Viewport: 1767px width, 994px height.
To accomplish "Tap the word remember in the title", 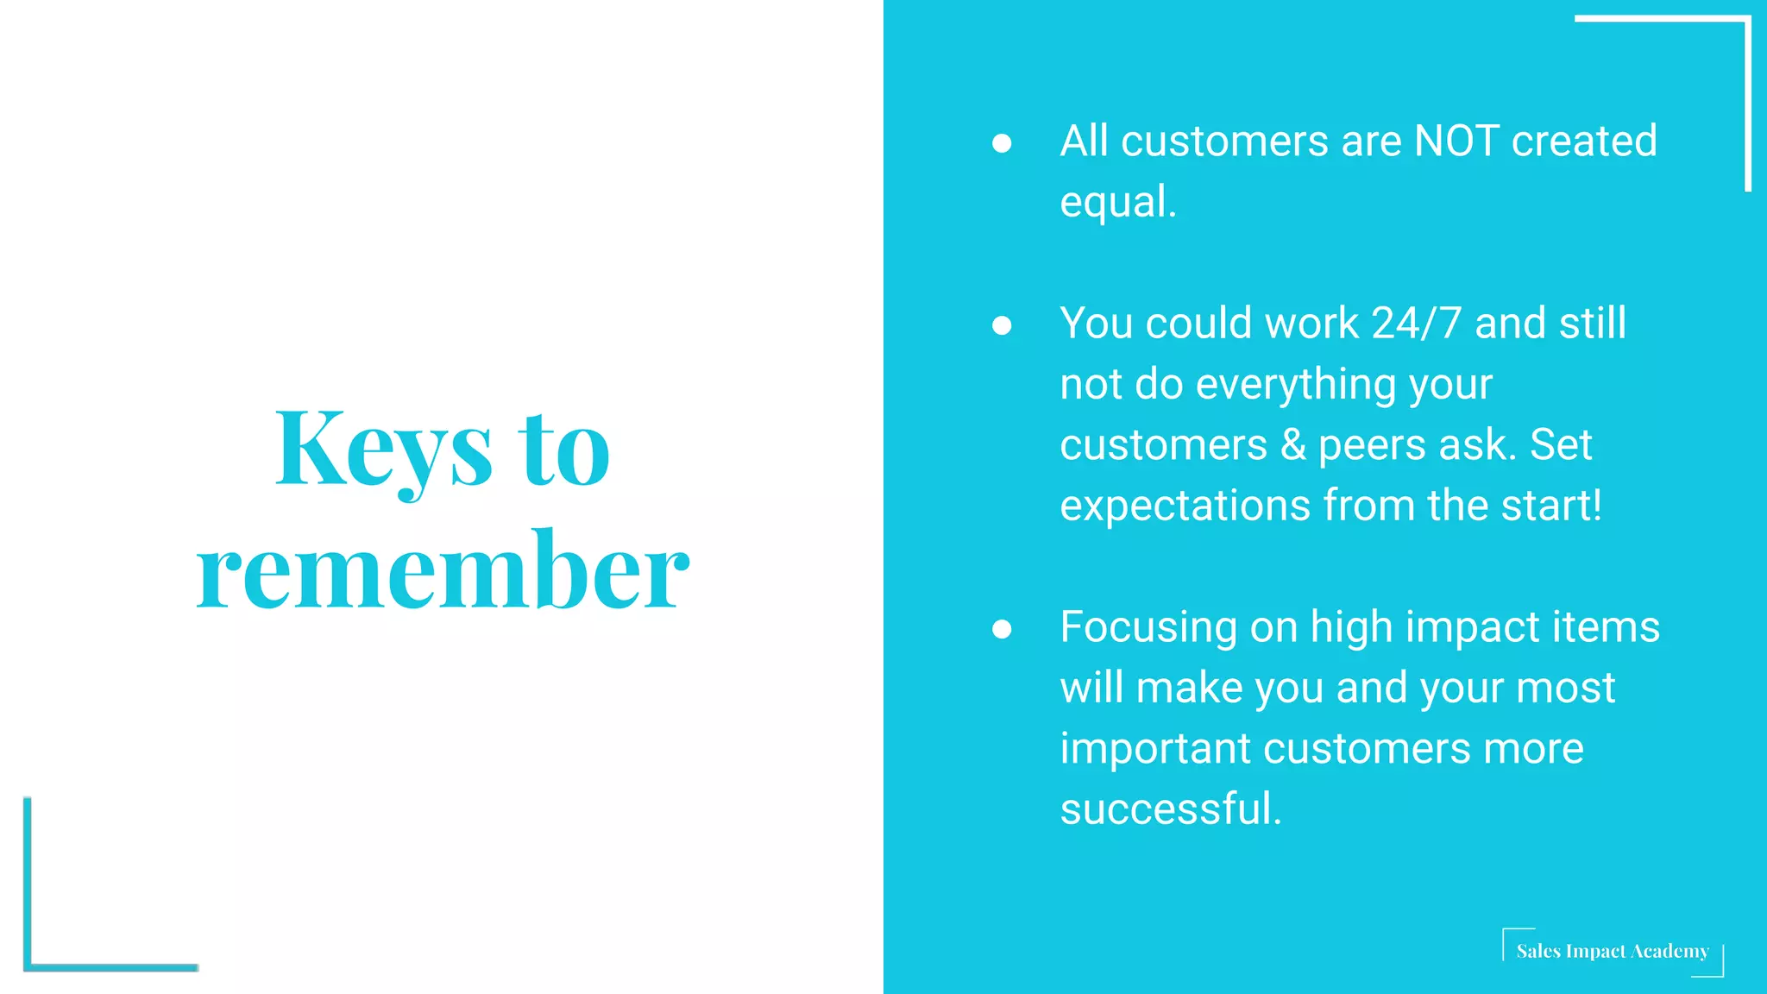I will coord(443,571).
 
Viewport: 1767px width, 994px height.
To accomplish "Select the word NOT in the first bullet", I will coord(1456,141).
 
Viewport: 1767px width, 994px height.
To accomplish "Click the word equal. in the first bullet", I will coord(1117,202).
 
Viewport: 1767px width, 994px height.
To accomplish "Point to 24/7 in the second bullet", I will coord(1416,324).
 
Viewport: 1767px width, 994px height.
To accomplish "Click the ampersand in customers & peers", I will coord(1292,445).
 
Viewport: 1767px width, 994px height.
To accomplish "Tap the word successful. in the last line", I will coord(1170,809).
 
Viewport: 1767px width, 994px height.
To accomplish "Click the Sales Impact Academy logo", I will coord(1612,952).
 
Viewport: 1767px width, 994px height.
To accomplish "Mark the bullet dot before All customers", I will coord(1002,143).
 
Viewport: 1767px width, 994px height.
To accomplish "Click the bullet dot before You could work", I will coord(1002,325).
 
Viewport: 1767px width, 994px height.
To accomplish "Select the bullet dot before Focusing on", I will coord(1002,629).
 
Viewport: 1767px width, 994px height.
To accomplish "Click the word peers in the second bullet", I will coord(1372,445).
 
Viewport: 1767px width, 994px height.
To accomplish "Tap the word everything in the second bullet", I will coord(1295,385).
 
